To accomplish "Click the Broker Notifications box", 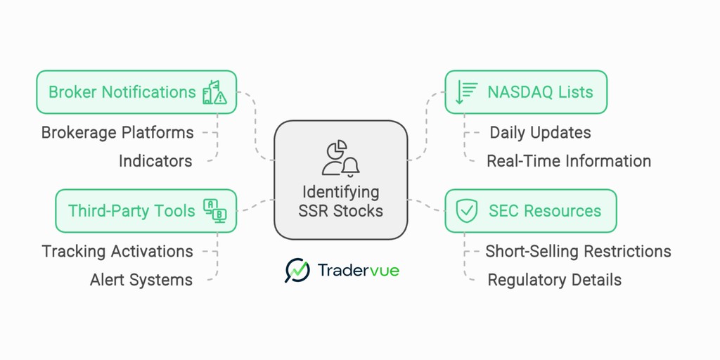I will click(x=136, y=92).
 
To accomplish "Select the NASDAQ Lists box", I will click(x=525, y=92).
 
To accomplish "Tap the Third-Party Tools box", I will click(x=146, y=211).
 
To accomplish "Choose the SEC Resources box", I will click(x=530, y=211).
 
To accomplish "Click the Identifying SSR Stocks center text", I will click(x=340, y=201).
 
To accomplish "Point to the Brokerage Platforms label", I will click(x=117, y=132).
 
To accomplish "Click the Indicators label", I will click(x=155, y=161).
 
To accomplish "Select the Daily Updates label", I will click(x=540, y=132).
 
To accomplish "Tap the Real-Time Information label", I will click(x=568, y=161).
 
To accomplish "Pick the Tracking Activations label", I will click(x=117, y=251).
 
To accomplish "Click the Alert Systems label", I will click(x=141, y=280).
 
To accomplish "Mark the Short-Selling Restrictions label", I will click(x=578, y=251).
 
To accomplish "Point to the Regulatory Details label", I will click(x=554, y=280).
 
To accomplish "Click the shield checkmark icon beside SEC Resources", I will click(x=467, y=211).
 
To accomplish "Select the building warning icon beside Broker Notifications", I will click(x=214, y=92).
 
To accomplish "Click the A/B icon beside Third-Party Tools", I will click(x=214, y=211).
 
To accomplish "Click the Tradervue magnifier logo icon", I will click(x=297, y=270).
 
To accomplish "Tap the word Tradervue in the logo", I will click(x=358, y=270).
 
